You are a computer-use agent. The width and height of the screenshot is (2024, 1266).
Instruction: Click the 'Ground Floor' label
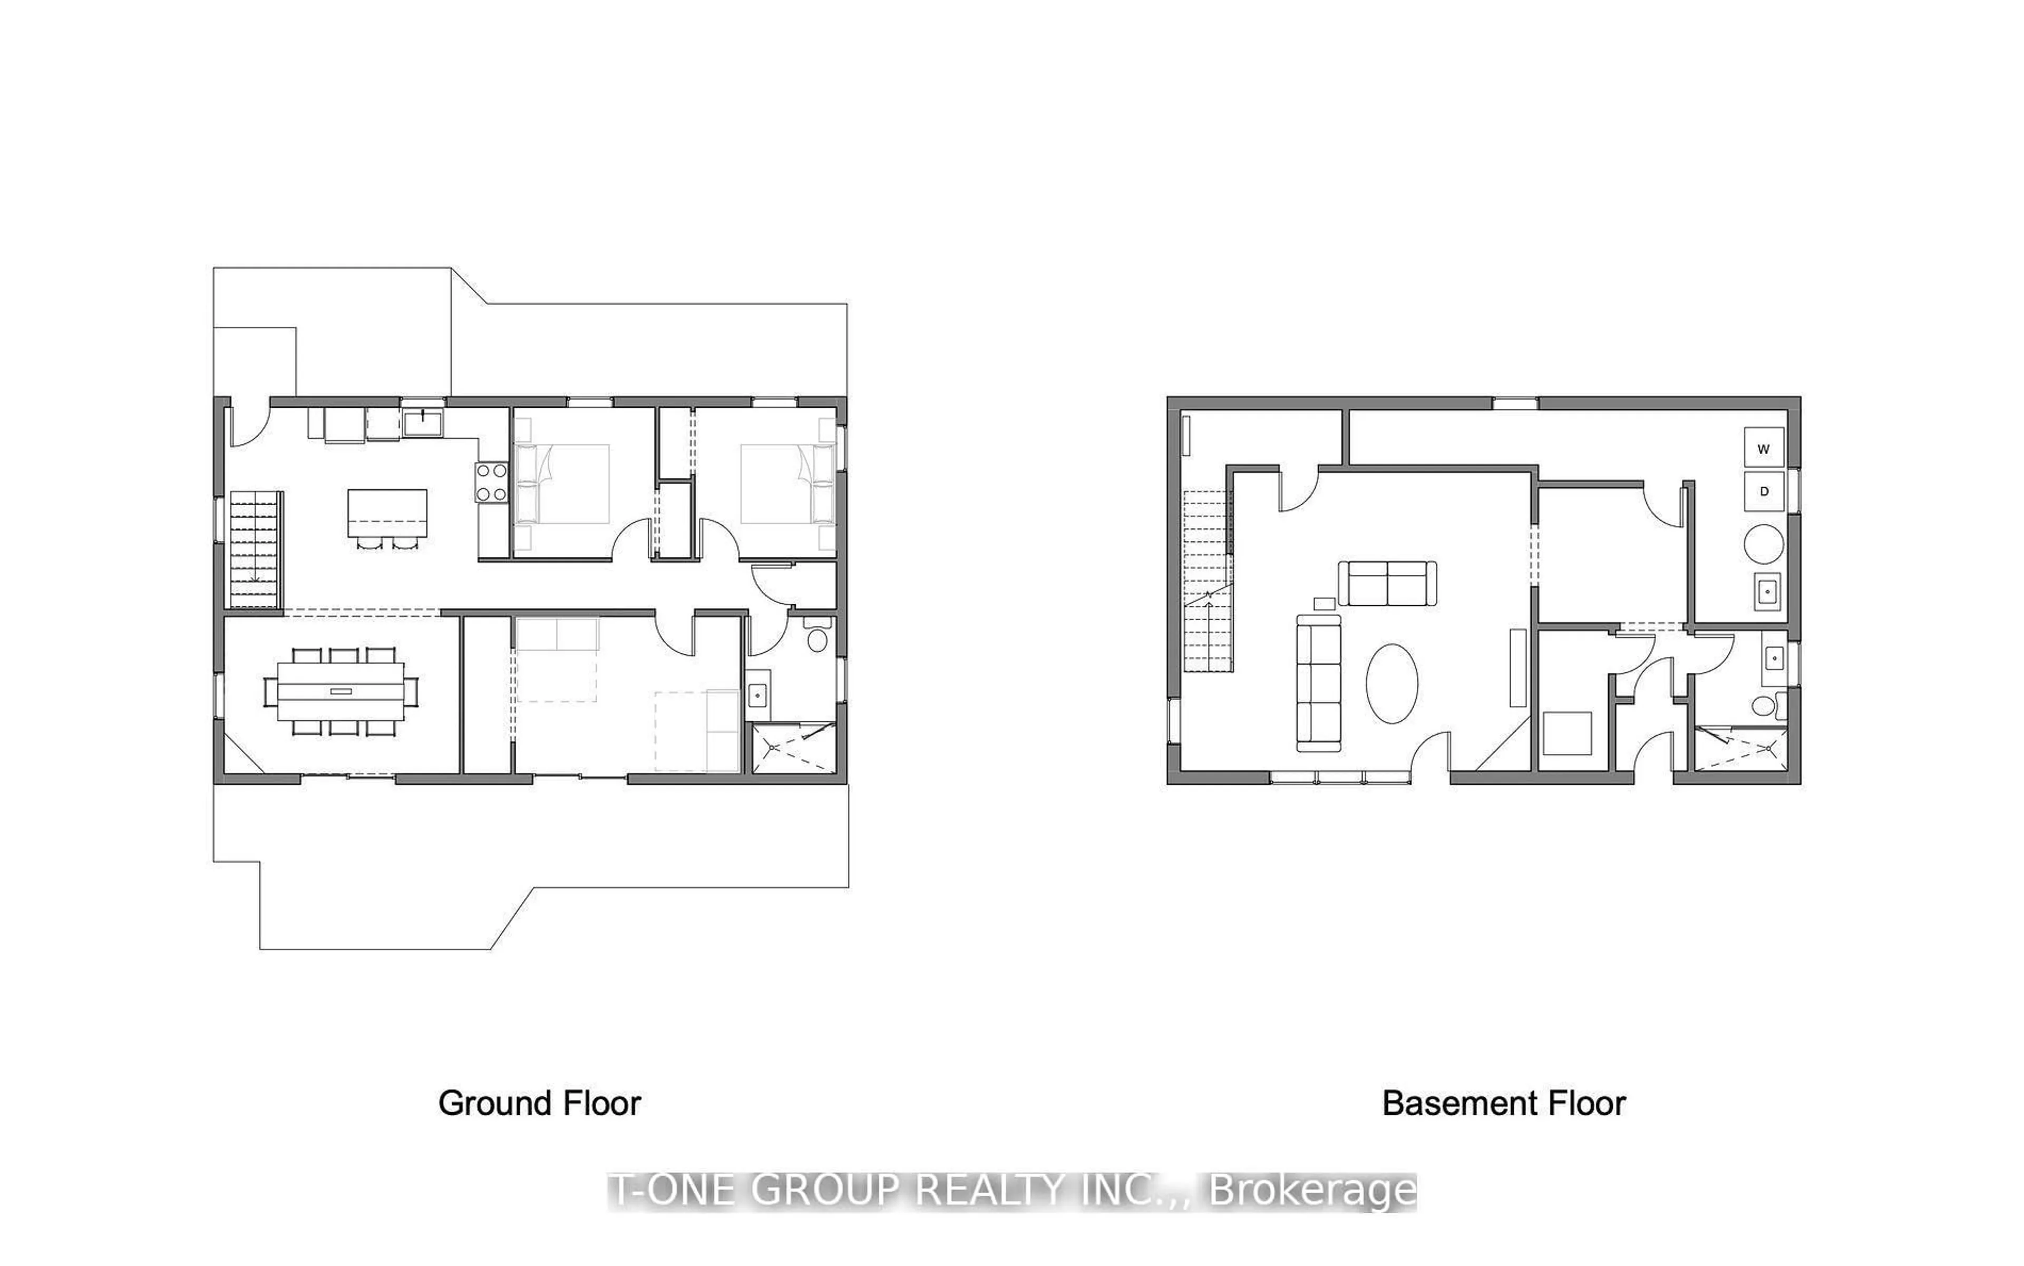coord(540,1104)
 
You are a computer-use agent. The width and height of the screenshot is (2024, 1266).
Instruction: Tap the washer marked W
coord(1764,448)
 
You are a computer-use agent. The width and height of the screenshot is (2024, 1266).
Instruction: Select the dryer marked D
coord(1764,492)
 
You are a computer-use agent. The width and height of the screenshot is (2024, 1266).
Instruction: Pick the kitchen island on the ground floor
coord(387,513)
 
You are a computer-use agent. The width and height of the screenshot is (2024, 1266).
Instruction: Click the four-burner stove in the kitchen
coord(492,482)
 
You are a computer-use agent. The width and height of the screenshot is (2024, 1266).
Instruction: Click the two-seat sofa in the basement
coord(1387,583)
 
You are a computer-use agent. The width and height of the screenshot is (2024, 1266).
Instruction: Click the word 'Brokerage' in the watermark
coord(1312,1191)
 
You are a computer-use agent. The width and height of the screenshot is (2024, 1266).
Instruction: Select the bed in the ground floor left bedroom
coord(562,484)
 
